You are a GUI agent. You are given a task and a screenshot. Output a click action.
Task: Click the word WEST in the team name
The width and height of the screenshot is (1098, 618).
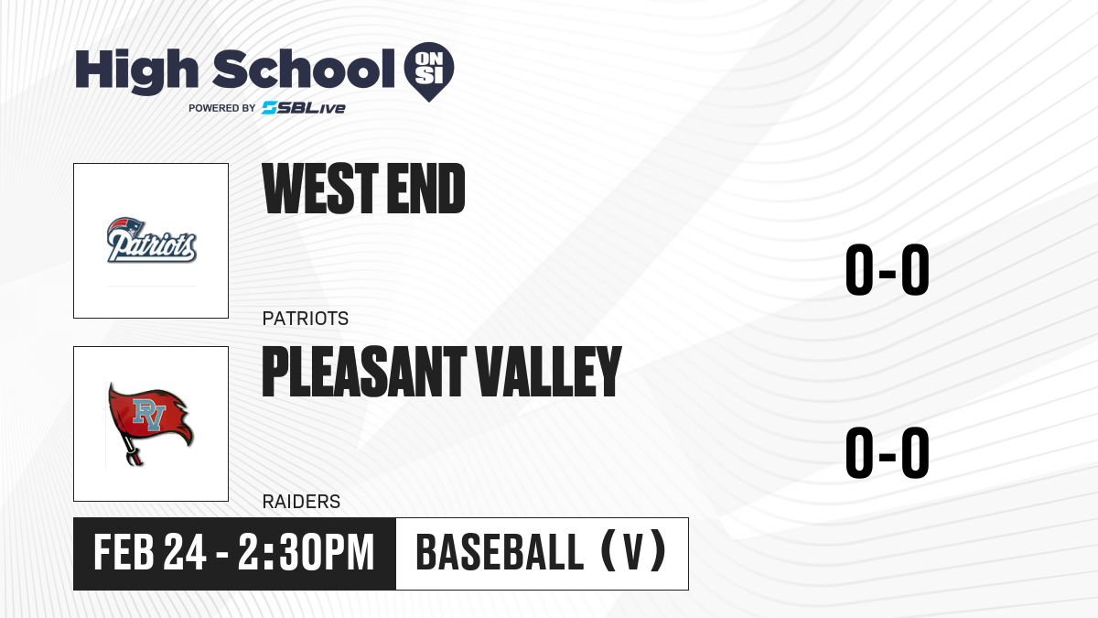click(x=320, y=189)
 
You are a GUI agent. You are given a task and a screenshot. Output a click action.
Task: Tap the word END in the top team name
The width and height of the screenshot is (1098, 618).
click(x=425, y=189)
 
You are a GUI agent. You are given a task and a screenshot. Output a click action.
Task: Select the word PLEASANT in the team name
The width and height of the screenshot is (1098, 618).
click(x=364, y=372)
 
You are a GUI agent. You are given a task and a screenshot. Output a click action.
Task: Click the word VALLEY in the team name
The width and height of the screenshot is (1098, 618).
click(x=548, y=372)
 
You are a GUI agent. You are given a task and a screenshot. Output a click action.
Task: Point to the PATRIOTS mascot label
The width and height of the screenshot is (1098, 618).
click(x=306, y=319)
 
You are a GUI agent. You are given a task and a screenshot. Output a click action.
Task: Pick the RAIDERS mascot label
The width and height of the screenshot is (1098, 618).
click(x=301, y=502)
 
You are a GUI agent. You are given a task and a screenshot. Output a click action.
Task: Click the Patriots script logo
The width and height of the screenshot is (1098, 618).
click(x=152, y=240)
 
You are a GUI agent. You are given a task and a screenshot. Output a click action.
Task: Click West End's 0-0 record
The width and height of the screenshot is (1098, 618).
click(x=888, y=270)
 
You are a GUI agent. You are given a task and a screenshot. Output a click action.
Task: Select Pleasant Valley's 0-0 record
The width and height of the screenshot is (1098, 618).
click(x=888, y=452)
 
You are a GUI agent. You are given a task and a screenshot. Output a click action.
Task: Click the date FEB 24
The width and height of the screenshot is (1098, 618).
click(x=149, y=553)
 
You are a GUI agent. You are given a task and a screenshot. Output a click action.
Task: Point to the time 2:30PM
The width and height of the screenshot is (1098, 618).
click(x=307, y=553)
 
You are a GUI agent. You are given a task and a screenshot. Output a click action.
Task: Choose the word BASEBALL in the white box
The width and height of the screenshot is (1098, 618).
click(x=500, y=553)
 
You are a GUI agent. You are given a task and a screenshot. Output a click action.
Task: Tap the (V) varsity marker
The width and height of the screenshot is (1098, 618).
click(x=633, y=553)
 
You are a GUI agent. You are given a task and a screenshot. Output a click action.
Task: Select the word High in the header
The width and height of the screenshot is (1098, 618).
click(x=137, y=71)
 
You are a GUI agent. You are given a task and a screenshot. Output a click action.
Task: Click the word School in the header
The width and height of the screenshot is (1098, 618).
click(x=304, y=69)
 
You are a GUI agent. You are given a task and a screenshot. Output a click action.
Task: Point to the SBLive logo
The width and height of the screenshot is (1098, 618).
click(x=304, y=108)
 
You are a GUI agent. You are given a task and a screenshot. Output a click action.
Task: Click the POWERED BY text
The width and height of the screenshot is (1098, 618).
click(x=222, y=108)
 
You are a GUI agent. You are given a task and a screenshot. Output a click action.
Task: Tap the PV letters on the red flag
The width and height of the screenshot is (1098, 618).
click(x=148, y=415)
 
